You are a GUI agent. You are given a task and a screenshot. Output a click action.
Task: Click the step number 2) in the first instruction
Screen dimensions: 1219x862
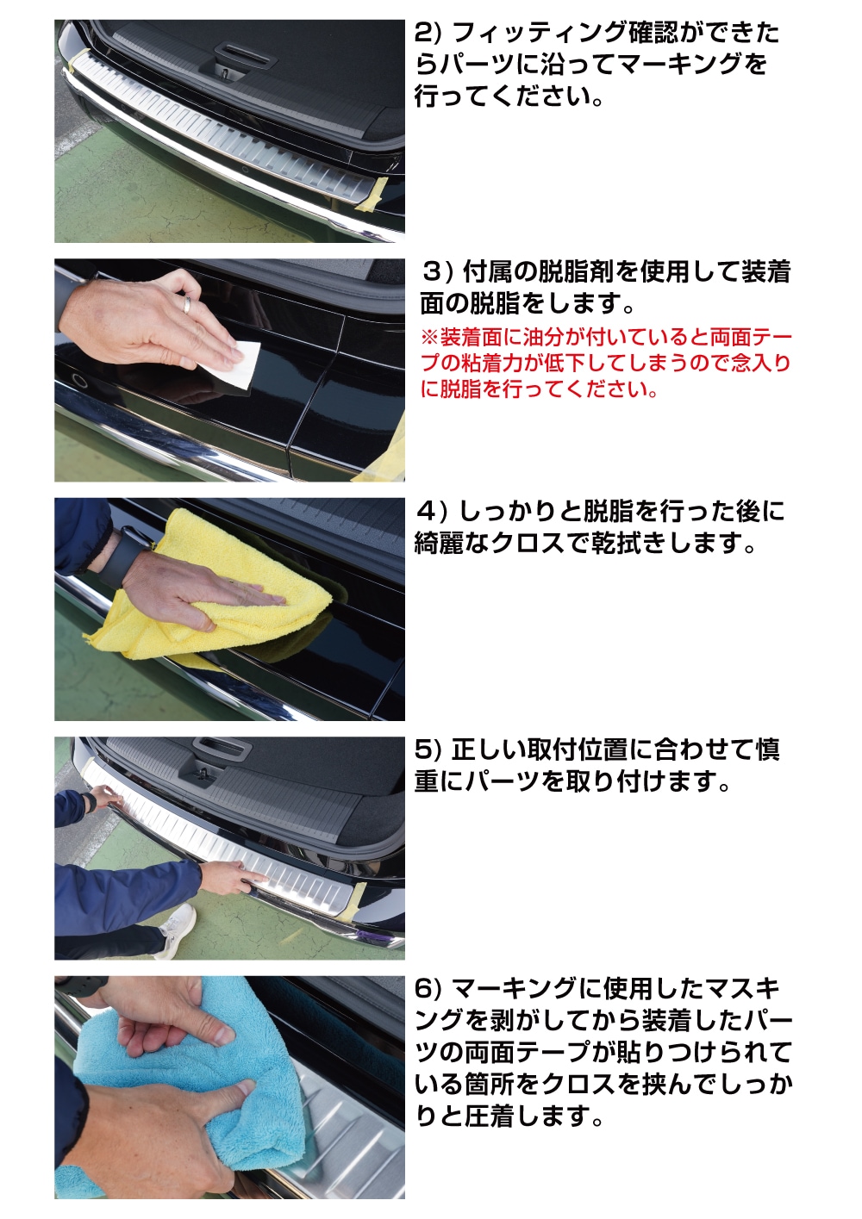(x=428, y=34)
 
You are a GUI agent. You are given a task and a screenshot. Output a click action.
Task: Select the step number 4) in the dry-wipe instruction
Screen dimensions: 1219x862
(x=432, y=512)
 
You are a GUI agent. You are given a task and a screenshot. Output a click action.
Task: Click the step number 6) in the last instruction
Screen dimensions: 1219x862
(x=428, y=989)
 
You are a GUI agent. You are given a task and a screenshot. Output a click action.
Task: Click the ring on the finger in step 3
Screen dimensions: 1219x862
(x=187, y=303)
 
